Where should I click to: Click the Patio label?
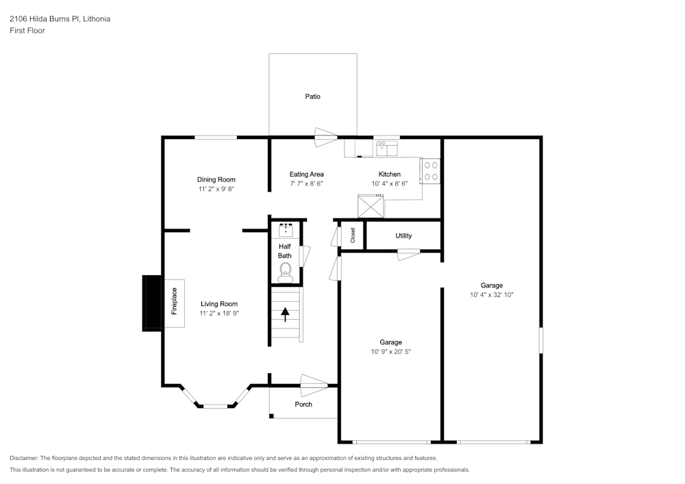(312, 97)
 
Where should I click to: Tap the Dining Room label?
(216, 179)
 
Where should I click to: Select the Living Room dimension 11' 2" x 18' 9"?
(219, 314)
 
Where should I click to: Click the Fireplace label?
(174, 301)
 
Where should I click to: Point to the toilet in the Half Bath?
(285, 273)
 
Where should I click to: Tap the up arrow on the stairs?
(285, 314)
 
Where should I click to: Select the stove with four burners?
(431, 170)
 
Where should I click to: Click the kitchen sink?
(387, 148)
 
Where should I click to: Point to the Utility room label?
(403, 236)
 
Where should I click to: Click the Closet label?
(353, 235)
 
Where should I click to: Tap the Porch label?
(303, 405)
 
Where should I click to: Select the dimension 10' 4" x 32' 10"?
(492, 295)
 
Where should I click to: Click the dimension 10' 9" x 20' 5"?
(391, 352)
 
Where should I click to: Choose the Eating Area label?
(306, 175)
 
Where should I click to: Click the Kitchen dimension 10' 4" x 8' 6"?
(390, 183)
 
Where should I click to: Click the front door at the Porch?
(314, 383)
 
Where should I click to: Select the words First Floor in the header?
(27, 31)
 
